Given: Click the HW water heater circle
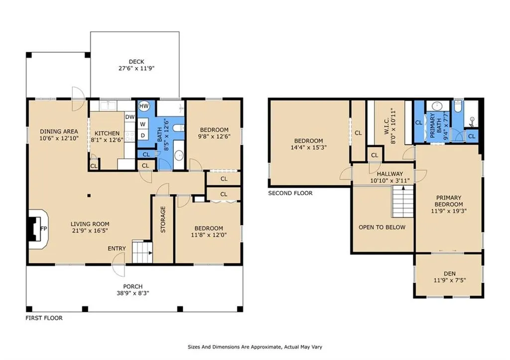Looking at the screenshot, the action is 144,106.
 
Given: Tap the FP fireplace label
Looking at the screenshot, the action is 44,229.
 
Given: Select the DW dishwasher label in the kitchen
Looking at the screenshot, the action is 130,117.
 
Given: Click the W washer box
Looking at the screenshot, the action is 143,124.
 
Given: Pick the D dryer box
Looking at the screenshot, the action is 143,135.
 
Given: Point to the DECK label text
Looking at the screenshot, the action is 136,61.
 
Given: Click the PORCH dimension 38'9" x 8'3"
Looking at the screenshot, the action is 132,293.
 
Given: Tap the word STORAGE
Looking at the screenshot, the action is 163,219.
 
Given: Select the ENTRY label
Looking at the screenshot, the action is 117,248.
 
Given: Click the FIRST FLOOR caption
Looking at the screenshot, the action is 44,318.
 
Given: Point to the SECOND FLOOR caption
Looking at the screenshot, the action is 290,193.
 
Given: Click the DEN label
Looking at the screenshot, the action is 450,273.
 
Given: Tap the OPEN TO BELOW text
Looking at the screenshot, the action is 382,228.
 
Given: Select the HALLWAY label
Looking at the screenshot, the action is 389,174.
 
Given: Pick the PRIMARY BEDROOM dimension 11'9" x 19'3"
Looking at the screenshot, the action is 449,211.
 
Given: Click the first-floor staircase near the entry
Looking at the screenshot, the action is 142,252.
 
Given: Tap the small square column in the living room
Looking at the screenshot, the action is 89,196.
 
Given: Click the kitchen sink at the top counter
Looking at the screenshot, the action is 108,106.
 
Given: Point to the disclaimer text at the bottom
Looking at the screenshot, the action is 255,347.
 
